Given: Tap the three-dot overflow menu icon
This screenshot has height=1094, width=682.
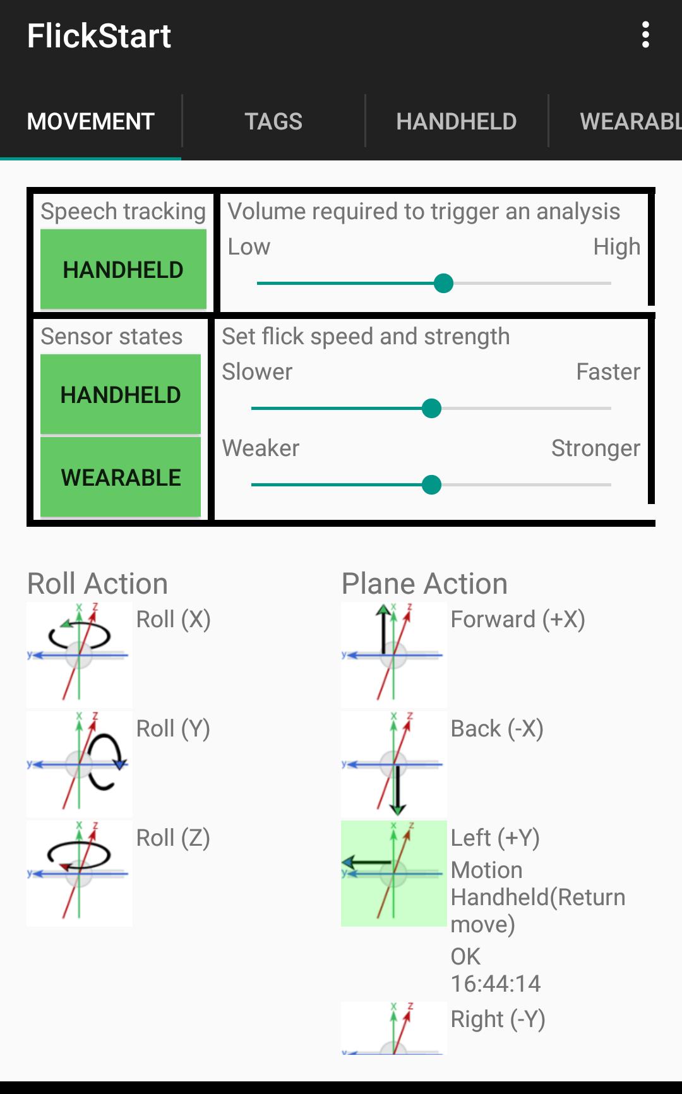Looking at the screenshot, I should point(645,35).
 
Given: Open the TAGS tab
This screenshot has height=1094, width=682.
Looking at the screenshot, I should point(273,121).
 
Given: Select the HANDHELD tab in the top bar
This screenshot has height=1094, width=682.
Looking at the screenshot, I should point(456,121).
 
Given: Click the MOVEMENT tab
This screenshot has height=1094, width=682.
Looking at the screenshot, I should point(91,121).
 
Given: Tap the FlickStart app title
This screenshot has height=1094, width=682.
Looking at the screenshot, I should point(99,36).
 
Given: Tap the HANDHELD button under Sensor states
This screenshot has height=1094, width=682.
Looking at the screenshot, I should point(121,395).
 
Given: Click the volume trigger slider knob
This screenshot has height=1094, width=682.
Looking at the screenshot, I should point(444,284).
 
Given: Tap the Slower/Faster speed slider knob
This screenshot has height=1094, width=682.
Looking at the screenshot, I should point(431,409).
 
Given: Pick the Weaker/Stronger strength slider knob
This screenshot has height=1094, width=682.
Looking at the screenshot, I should point(431,485).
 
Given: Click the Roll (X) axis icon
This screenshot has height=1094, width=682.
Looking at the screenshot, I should point(79,654).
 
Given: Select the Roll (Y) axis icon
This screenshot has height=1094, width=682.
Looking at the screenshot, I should point(79,764).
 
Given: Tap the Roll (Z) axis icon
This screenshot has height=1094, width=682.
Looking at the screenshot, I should point(79,873).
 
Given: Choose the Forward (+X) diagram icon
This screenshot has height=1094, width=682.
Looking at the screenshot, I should point(393,654).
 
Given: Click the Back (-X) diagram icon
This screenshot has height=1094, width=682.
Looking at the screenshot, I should point(393,764).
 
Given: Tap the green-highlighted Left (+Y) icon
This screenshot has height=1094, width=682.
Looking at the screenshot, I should point(393,873).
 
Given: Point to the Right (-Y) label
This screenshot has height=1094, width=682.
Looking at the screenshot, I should point(498,1019).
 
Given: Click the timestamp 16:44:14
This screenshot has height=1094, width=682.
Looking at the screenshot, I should point(496,983).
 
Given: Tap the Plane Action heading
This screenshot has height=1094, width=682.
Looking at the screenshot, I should point(424,584).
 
